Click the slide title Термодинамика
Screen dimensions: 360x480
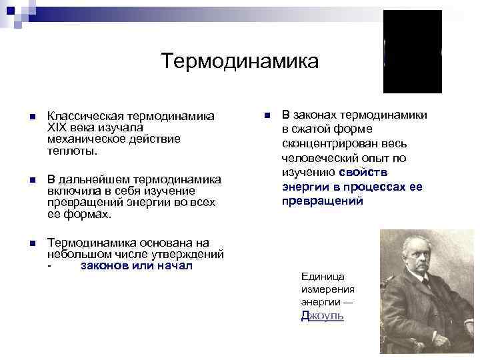click(239, 62)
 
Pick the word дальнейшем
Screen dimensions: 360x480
click(93, 180)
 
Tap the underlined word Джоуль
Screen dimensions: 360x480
click(323, 316)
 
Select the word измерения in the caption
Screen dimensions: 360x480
click(328, 289)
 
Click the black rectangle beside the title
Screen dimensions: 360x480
click(412, 52)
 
